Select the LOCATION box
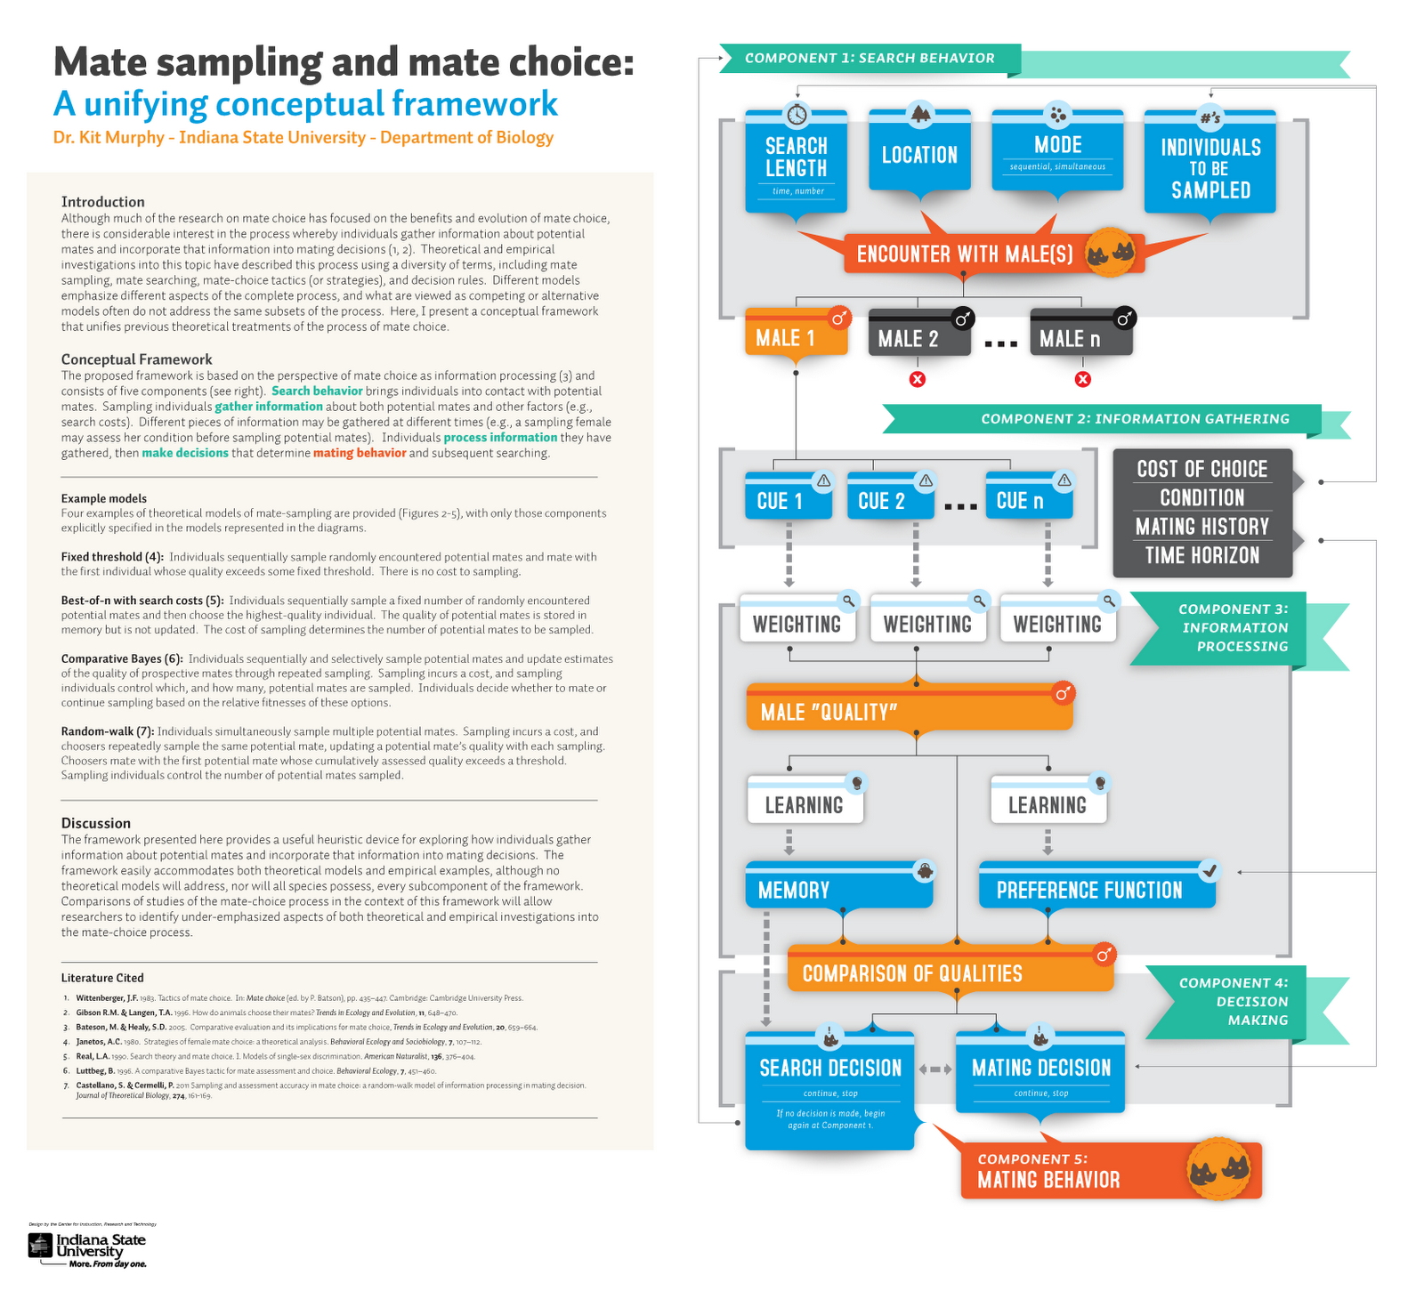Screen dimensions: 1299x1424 [x=919, y=155]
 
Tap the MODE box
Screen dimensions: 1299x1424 [x=1057, y=150]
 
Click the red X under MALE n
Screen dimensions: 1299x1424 [x=1082, y=380]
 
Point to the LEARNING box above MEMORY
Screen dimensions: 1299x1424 [x=805, y=803]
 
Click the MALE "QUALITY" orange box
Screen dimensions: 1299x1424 [x=909, y=711]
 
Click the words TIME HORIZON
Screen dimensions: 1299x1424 [x=1201, y=555]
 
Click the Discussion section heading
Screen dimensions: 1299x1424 [x=96, y=823]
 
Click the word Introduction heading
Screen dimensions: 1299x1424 [x=102, y=202]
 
